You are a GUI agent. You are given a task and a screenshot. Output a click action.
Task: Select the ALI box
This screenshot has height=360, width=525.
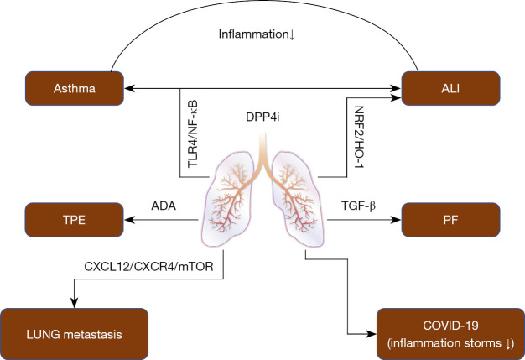[451, 86]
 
